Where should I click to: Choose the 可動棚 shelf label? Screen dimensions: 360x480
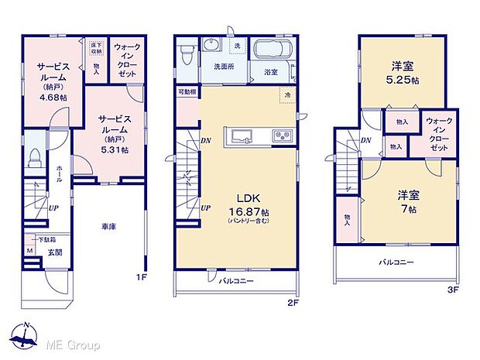pyautogui.click(x=187, y=91)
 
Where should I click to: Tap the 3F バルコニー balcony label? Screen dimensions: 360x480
pyautogui.click(x=396, y=262)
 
